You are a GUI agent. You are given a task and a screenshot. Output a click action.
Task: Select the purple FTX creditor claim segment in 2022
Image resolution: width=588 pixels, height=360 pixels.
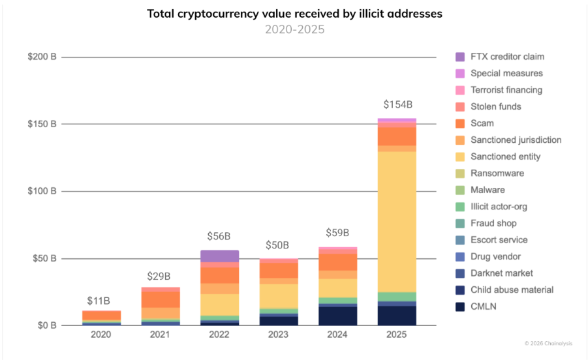pos(219,256)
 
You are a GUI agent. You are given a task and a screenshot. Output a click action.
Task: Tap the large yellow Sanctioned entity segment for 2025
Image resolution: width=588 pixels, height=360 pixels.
pos(396,222)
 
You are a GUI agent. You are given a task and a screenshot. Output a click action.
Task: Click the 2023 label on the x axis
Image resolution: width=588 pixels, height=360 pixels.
pos(279,335)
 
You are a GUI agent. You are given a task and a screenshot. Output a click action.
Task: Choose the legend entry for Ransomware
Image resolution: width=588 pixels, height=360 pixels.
pos(497,173)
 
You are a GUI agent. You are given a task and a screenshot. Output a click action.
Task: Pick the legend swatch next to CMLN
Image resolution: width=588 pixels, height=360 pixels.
pos(461,307)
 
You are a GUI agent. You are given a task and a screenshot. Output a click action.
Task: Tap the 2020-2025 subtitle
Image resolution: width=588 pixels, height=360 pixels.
pos(294,29)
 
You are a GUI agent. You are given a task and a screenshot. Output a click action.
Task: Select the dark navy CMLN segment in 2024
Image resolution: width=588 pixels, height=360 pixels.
pos(337,316)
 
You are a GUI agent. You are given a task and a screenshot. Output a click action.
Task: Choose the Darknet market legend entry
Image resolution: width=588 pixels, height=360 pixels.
pos(501,273)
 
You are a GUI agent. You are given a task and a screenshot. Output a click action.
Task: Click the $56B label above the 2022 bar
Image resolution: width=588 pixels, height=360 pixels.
pos(219,236)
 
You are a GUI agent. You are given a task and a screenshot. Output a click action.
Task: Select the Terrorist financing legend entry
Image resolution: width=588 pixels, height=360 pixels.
pos(506,90)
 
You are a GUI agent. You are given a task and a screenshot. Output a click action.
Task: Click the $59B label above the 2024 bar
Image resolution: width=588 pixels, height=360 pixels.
pos(337,233)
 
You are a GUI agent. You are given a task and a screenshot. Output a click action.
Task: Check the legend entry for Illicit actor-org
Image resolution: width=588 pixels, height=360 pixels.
pos(499,207)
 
